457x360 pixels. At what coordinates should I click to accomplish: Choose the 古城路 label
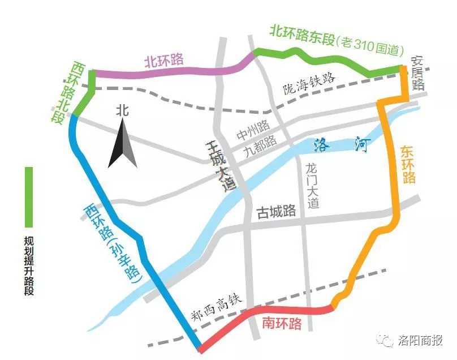coord(277,212)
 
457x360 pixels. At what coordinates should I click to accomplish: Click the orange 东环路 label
coord(408,164)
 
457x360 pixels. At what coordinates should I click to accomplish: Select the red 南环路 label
coord(282,323)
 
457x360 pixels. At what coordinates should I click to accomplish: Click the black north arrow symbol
coord(123,144)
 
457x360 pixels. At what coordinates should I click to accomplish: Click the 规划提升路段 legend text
coord(29,265)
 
